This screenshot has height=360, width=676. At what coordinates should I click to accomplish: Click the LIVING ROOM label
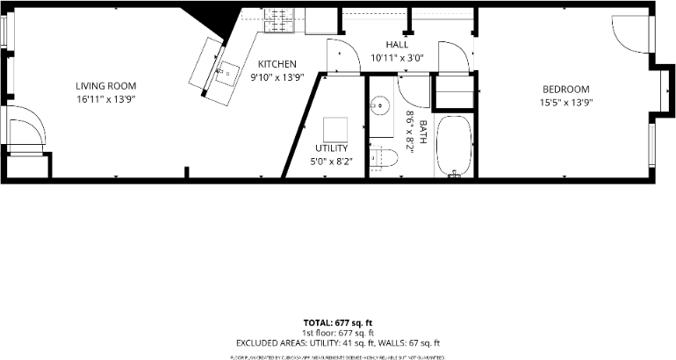point(105,85)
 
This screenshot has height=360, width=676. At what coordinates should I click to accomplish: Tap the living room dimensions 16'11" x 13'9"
point(105,99)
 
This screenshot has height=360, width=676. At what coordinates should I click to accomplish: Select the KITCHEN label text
point(277,64)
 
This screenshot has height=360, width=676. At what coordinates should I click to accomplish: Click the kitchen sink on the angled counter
point(227,72)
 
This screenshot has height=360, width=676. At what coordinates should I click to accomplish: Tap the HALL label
point(397,44)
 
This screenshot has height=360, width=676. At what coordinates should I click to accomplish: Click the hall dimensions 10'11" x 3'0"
point(397,57)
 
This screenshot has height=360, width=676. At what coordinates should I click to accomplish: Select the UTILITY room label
point(331,148)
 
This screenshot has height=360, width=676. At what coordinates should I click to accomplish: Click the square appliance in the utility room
point(336,130)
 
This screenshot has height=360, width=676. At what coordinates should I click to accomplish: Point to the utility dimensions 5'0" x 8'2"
point(331,162)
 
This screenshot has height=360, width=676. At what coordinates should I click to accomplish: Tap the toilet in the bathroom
point(385,158)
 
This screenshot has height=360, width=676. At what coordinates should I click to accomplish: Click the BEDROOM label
point(565,89)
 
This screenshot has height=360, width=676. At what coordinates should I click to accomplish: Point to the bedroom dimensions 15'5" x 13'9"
point(565,103)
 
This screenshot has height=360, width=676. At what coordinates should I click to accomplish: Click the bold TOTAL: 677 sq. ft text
point(338,322)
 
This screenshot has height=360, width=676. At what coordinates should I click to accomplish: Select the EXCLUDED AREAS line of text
point(338,343)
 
